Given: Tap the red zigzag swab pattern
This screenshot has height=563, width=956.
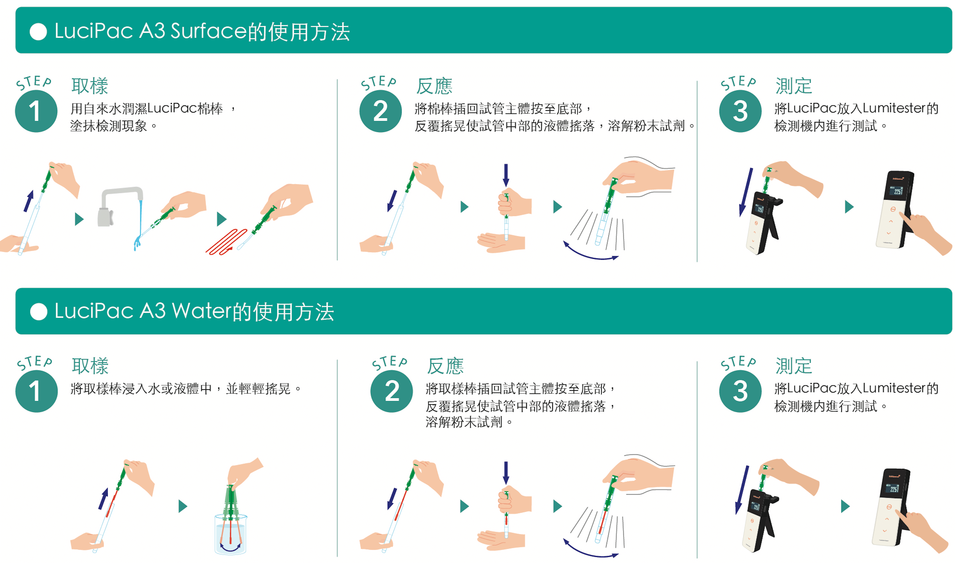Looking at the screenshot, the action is pyautogui.click(x=226, y=242).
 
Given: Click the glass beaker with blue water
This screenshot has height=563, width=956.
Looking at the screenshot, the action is pyautogui.click(x=231, y=534).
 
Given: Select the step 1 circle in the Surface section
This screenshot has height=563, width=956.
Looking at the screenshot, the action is pyautogui.click(x=36, y=111).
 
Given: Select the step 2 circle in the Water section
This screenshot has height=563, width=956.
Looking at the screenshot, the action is pyautogui.click(x=392, y=391).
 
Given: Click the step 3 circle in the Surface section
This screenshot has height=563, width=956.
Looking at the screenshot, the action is pyautogui.click(x=740, y=111).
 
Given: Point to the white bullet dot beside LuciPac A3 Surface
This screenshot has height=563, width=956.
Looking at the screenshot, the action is pyautogui.click(x=38, y=32).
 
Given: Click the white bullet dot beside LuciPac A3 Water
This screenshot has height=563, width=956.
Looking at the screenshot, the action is pyautogui.click(x=38, y=312).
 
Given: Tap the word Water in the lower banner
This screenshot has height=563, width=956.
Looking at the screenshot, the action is pyautogui.click(x=201, y=311).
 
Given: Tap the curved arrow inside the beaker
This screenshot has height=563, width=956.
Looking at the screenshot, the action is pyautogui.click(x=231, y=547).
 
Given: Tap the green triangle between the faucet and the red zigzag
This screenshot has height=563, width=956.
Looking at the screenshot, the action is pyautogui.click(x=222, y=219).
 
